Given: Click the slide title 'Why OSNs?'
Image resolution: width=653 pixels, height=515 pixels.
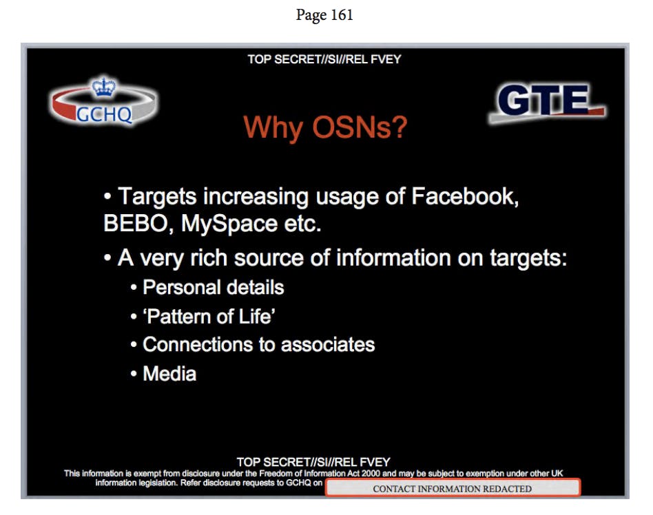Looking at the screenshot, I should pyautogui.click(x=325, y=127).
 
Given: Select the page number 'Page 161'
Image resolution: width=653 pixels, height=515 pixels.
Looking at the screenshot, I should pyautogui.click(x=324, y=15).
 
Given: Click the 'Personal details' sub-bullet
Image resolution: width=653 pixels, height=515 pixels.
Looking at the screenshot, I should pyautogui.click(x=213, y=287).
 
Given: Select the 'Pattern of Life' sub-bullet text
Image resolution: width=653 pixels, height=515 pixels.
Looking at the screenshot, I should pyautogui.click(x=209, y=316).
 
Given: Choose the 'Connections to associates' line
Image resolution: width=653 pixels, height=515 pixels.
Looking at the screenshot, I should pyautogui.click(x=258, y=344).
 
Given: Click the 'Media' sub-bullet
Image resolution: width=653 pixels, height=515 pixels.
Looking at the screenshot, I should pyautogui.click(x=169, y=374).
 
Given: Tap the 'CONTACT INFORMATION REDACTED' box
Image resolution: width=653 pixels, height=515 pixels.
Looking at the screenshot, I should pyautogui.click(x=453, y=488).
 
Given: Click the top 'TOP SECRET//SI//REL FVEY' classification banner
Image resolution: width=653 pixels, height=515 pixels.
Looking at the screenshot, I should pyautogui.click(x=324, y=59).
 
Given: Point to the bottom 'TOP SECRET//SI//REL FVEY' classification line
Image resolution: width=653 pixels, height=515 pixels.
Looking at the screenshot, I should pyautogui.click(x=313, y=462).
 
